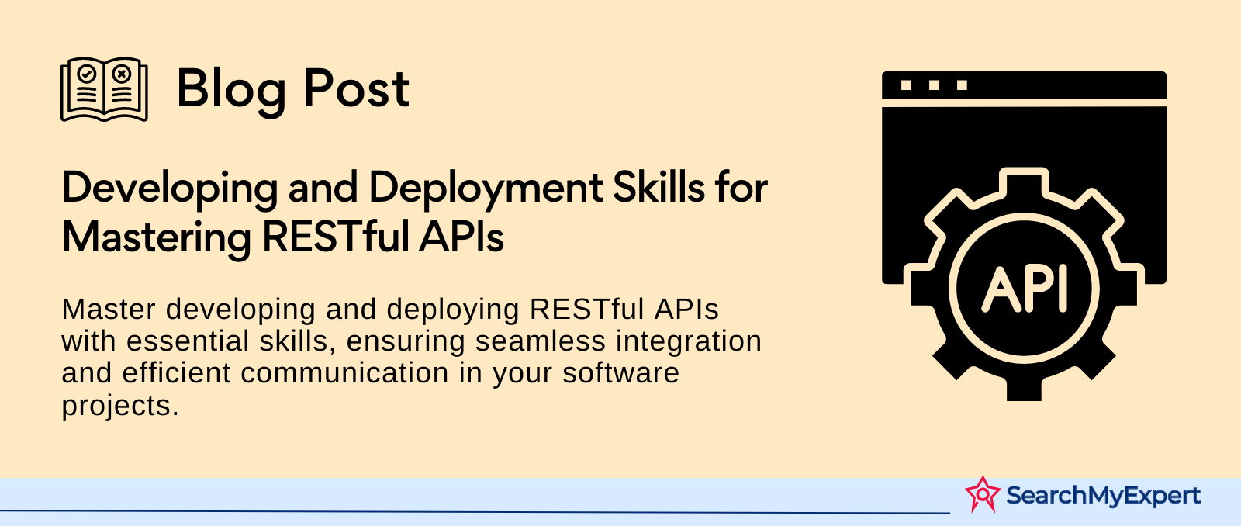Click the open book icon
[x=104, y=89]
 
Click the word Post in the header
[x=356, y=88]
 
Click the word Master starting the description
[x=109, y=309]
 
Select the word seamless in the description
[x=541, y=341]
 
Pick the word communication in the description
[x=344, y=372]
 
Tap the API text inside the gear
[x=1025, y=289]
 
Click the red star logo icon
[x=983, y=494]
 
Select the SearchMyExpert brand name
[x=1103, y=496]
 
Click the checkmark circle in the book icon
[x=86, y=74]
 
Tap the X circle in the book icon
[x=121, y=74]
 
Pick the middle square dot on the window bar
[x=934, y=85]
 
